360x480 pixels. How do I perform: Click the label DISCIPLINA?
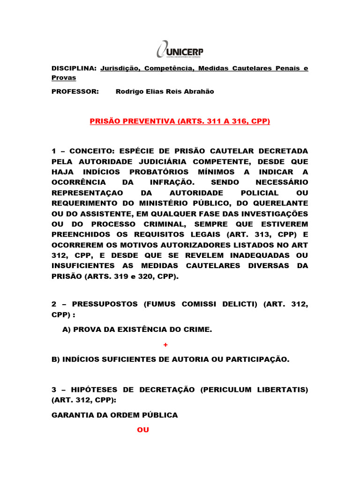click(x=74, y=68)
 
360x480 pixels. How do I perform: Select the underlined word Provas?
click(x=63, y=77)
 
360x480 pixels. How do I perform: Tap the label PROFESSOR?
click(x=75, y=91)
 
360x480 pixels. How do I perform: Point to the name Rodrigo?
click(x=129, y=91)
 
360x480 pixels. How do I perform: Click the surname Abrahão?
click(x=197, y=91)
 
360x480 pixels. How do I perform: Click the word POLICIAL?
click(x=259, y=193)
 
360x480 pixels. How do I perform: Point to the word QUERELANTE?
click(x=282, y=203)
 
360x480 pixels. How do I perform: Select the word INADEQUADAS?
click(x=258, y=255)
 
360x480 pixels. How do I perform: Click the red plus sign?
click(x=165, y=345)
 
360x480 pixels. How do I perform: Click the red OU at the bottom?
click(x=142, y=429)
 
